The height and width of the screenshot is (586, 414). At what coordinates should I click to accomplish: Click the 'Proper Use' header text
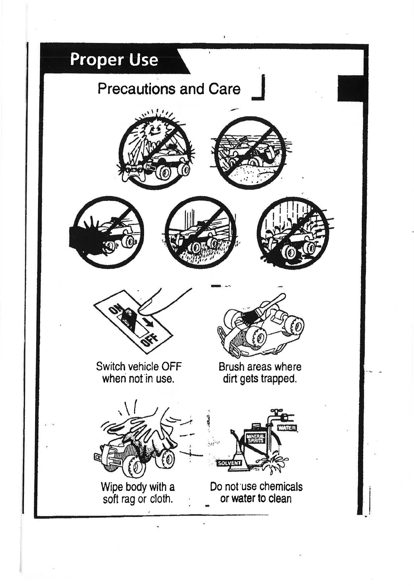(114, 60)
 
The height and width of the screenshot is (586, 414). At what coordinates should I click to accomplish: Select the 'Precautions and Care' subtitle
(169, 89)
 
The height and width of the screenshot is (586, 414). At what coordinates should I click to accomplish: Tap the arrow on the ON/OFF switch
(149, 322)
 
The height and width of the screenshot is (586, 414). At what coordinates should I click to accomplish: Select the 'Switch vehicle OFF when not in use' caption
(138, 372)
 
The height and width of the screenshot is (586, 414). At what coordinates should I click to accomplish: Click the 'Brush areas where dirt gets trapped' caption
(260, 372)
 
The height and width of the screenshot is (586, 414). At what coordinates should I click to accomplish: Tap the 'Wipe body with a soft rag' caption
(138, 493)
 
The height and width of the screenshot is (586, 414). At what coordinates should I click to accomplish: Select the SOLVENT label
(229, 463)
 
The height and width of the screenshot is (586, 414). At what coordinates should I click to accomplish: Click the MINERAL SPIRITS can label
(256, 438)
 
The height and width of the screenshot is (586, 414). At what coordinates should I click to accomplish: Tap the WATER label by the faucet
(287, 428)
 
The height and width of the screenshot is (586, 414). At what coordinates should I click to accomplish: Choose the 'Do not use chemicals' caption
(256, 492)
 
